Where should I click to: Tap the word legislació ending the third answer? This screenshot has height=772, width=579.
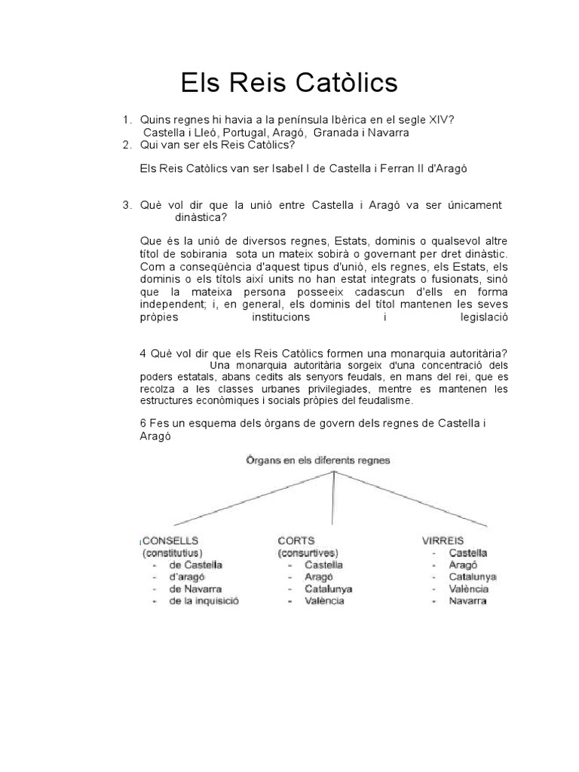[480, 317]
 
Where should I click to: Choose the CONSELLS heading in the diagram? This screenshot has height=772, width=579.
[171, 541]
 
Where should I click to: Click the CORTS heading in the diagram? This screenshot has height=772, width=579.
[296, 541]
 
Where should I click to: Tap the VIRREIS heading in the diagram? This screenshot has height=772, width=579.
[443, 541]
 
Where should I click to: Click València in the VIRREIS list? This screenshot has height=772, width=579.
[469, 589]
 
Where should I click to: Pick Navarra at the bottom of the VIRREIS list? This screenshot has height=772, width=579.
[467, 601]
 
